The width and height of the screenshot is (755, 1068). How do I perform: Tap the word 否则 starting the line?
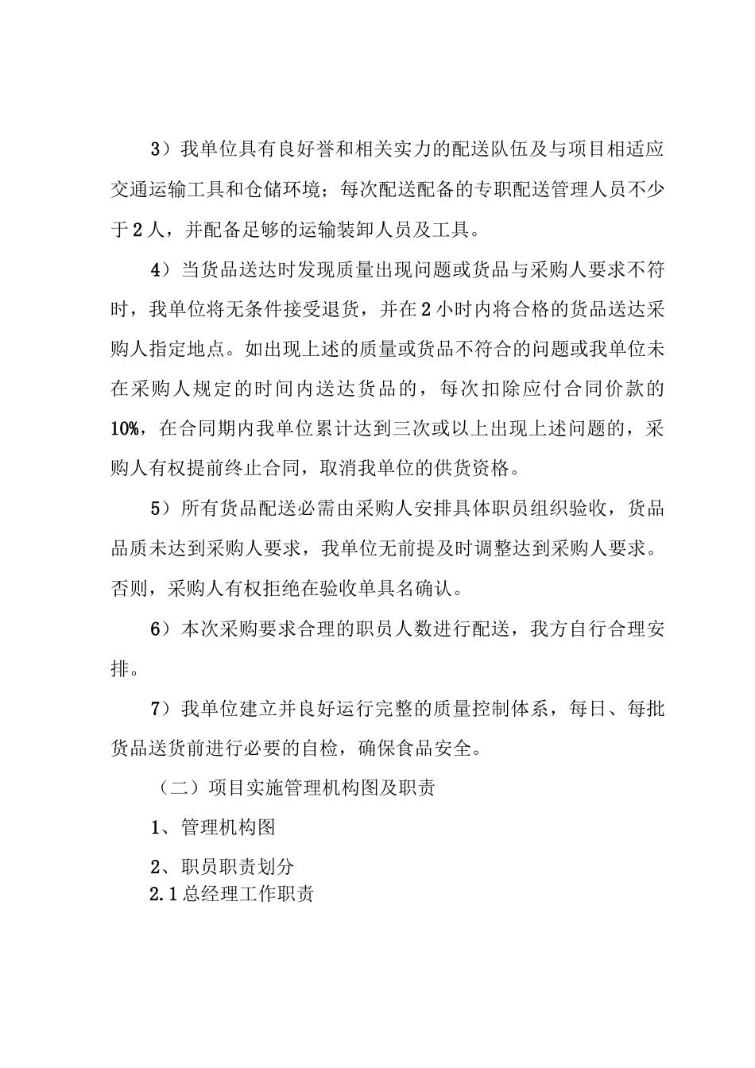click(x=129, y=589)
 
